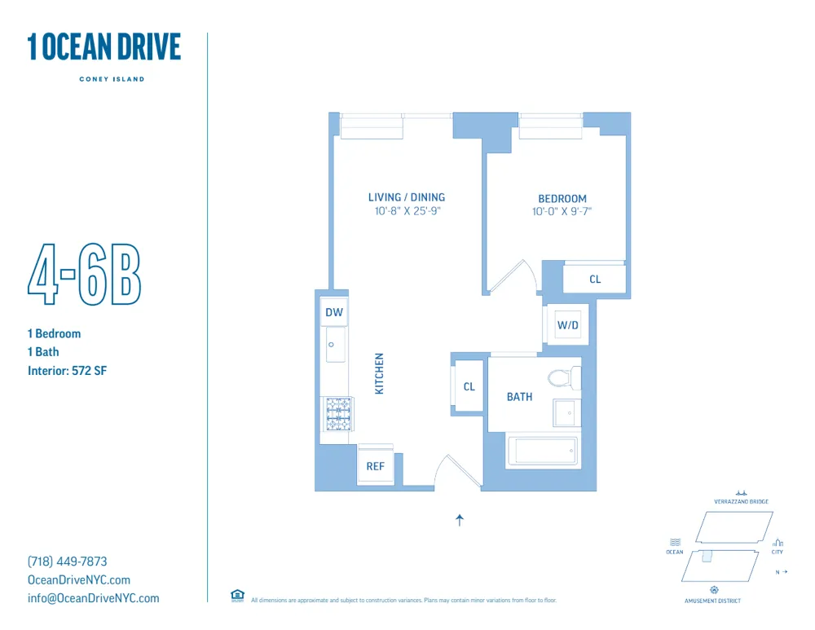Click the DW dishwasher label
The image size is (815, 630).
(334, 313)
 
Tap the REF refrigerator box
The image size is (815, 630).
(375, 466)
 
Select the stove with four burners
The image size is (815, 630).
(338, 413)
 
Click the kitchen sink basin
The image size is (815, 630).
(333, 347)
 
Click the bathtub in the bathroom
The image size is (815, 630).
(543, 452)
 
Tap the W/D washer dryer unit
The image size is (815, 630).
(567, 326)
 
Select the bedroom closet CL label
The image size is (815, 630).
(595, 280)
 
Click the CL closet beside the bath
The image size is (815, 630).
(469, 386)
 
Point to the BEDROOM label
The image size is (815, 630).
(562, 199)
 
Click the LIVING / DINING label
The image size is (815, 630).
(407, 197)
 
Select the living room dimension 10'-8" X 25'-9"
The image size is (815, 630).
(407, 211)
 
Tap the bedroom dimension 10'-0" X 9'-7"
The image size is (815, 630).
(562, 212)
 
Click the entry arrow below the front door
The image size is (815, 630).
(460, 520)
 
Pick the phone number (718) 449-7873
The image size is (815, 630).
(68, 562)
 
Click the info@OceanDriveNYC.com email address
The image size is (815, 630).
(94, 598)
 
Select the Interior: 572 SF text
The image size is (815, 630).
(68, 371)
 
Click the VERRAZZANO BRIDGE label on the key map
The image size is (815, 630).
(741, 502)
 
